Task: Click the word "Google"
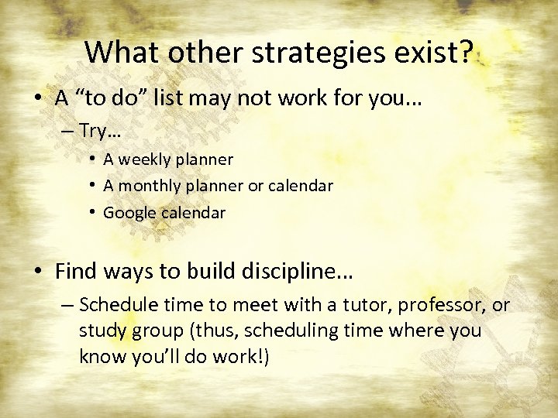pos(129,212)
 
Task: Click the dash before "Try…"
pos(64,132)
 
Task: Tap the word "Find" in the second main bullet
pos(75,272)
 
